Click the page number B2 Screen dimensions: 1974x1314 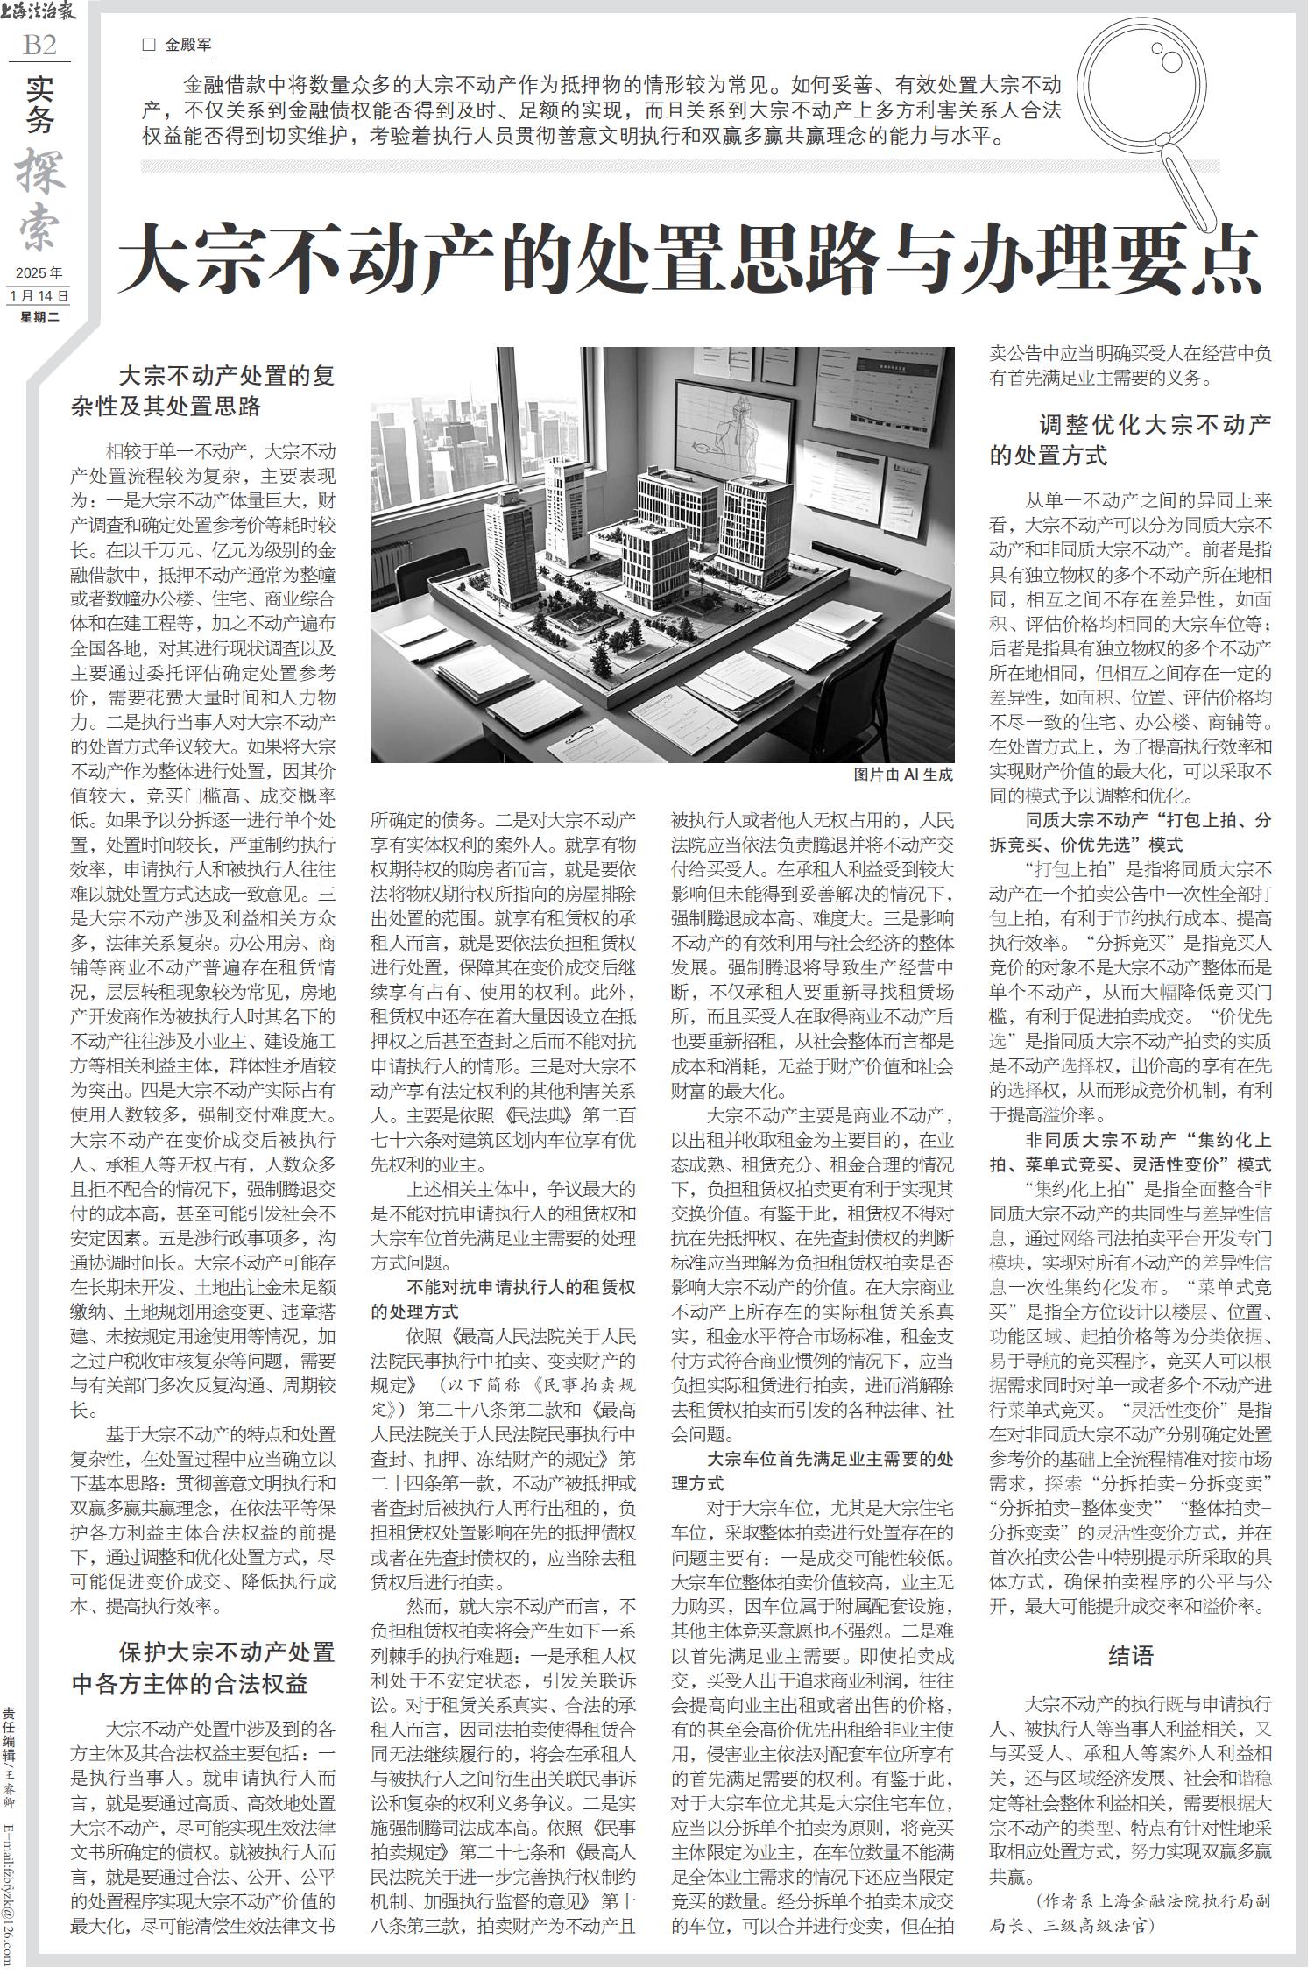point(39,45)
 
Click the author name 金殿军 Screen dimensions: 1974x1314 point(187,45)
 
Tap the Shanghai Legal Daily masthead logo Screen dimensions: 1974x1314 point(39,13)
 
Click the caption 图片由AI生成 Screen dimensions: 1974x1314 point(902,775)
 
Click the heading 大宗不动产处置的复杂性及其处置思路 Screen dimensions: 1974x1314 point(203,391)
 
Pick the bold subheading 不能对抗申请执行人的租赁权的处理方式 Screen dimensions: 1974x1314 point(504,1299)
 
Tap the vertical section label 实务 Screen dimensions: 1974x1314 point(39,104)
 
